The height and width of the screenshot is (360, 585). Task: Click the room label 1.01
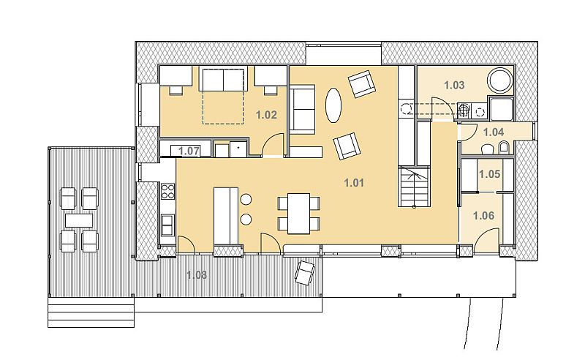point(354,183)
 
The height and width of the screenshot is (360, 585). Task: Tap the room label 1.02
point(266,115)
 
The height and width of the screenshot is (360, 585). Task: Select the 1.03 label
point(454,85)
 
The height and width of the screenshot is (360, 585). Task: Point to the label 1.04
point(494,132)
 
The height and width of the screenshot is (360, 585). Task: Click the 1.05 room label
point(489,174)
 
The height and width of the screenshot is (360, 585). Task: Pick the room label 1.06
point(483,216)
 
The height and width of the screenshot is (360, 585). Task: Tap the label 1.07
point(189,151)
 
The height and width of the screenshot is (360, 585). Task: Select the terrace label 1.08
point(197,275)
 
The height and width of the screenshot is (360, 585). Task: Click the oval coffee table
point(333,105)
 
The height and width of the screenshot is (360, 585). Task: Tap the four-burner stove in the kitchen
point(167,191)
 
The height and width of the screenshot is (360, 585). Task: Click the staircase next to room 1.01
point(414,187)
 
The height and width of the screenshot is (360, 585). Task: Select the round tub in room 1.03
point(501,80)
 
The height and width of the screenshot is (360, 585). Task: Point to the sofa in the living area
point(303,110)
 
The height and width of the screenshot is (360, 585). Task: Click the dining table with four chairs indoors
point(299,214)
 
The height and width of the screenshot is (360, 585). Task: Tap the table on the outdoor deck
point(79,220)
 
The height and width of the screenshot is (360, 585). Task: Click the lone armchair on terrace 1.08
point(305,273)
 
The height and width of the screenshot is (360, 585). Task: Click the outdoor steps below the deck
point(91,312)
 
